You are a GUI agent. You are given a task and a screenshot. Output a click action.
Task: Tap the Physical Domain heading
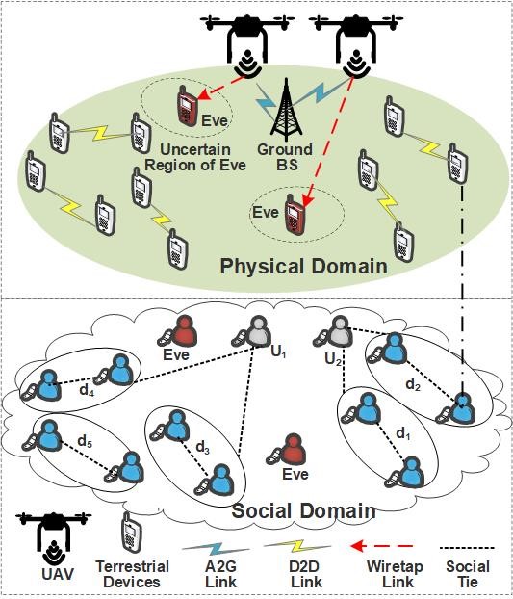[304, 266]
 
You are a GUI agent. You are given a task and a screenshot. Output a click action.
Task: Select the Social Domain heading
[304, 510]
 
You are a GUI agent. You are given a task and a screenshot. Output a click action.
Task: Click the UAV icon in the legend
[54, 538]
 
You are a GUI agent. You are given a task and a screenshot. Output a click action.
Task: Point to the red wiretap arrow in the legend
[381, 546]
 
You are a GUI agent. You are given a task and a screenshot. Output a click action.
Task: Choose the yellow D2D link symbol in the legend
[297, 546]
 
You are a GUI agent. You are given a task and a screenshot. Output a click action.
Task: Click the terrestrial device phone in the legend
[131, 532]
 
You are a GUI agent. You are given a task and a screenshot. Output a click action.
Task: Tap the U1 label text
[279, 352]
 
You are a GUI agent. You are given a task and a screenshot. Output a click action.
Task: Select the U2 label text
[333, 359]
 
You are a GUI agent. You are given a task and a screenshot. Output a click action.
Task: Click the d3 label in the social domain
[203, 447]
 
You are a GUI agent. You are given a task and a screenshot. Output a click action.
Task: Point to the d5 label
[85, 441]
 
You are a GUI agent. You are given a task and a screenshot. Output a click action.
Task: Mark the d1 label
[402, 433]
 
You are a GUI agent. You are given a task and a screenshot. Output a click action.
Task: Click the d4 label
[87, 390]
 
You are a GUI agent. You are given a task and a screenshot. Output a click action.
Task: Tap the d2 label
[413, 384]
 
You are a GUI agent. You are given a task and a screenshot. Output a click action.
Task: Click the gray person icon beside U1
[253, 332]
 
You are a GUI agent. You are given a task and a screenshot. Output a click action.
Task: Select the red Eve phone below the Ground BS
[295, 215]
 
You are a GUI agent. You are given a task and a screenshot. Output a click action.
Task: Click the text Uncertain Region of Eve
[195, 157]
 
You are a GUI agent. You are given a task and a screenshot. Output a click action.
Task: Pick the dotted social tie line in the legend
[467, 548]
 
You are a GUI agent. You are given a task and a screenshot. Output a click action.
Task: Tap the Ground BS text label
[285, 157]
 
